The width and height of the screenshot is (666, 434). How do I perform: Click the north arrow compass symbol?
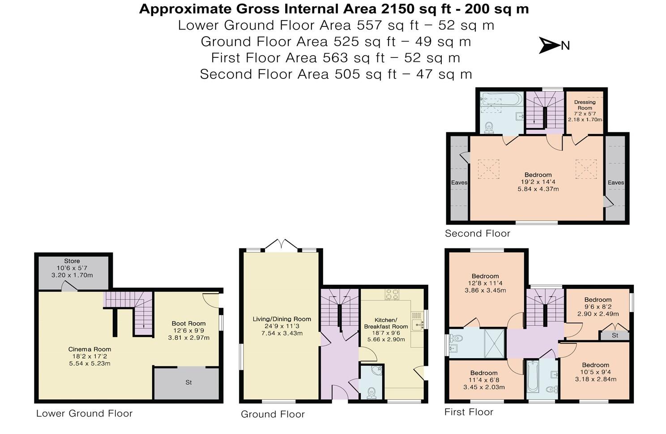tap(550, 46)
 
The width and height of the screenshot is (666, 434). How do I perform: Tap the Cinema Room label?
tap(90, 349)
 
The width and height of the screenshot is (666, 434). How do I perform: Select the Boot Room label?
tap(188, 324)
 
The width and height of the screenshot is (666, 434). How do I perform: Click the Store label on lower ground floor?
tap(72, 261)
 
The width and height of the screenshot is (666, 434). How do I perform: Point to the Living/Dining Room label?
tap(282, 319)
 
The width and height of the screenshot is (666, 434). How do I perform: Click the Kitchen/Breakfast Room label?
tap(386, 323)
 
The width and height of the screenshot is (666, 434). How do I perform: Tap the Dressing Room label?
tap(585, 105)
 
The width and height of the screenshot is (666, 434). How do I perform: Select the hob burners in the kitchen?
tap(392, 294)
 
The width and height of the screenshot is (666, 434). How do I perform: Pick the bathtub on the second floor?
tap(502, 99)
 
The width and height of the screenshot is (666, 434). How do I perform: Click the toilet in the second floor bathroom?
tap(489, 127)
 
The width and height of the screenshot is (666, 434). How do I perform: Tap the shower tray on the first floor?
tap(494, 343)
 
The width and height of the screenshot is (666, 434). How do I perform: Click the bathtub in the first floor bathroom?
tap(533, 376)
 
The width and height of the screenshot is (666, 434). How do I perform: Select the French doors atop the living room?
tap(281, 244)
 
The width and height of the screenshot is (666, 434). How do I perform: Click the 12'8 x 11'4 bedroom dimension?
tap(485, 283)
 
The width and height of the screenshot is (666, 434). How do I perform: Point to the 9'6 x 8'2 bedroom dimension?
tap(598, 307)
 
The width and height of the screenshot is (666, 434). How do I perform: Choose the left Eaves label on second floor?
tap(459, 182)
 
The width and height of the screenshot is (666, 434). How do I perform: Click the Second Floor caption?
tap(478, 233)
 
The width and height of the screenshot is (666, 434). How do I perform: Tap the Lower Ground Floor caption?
tap(85, 413)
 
